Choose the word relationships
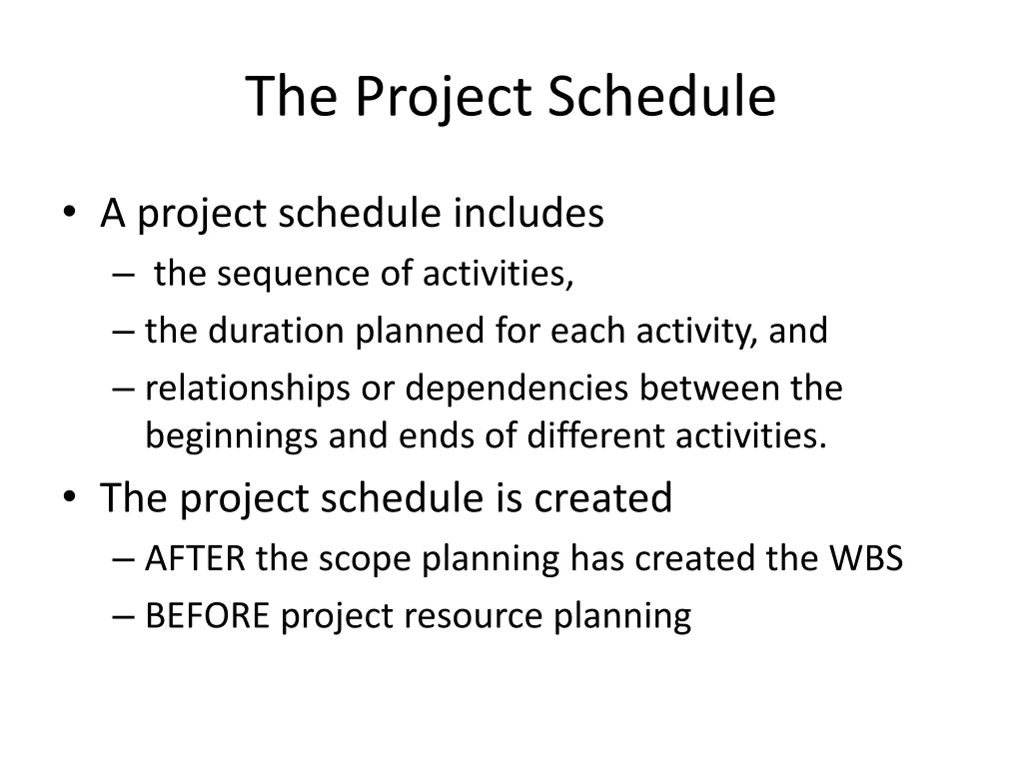248,389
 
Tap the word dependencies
517,389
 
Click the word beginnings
232,437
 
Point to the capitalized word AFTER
195,559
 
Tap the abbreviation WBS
866,559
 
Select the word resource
473,618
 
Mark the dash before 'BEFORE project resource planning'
123,617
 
